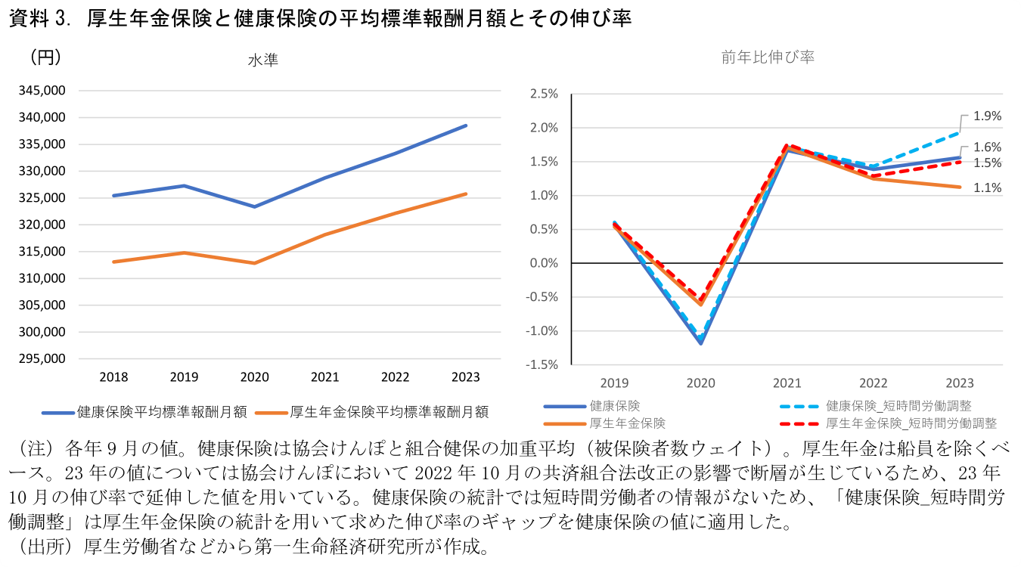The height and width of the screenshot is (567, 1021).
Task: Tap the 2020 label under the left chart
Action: (254, 377)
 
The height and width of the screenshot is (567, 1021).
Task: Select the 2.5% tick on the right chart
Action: (544, 94)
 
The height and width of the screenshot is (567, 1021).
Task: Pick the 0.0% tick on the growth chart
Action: (544, 263)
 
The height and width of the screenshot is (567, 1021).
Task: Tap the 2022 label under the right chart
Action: (873, 383)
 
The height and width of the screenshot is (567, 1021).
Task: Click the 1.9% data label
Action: (987, 116)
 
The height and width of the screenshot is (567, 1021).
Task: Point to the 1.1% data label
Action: (987, 188)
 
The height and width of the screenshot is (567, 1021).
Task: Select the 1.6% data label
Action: (987, 147)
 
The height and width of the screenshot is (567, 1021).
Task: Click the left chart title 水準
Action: (262, 60)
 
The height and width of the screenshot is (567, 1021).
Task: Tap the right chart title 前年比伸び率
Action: (768, 57)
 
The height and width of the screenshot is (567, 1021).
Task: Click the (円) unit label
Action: (45, 57)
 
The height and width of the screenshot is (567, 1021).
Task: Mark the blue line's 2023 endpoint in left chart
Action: (466, 125)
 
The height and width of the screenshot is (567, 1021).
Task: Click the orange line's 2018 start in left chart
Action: (113, 262)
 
